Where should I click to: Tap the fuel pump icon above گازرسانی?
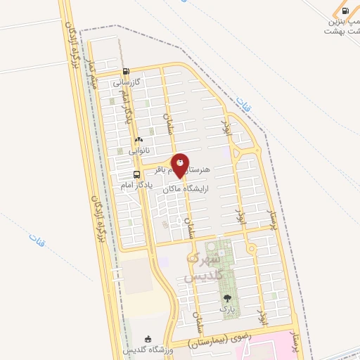pos(126,71)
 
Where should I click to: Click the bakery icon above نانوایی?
pos(138,139)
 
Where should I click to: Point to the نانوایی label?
pos(138,150)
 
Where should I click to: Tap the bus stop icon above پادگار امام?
pos(136,174)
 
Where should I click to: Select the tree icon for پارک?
pos(226,298)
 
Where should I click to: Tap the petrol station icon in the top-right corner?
pos(345,11)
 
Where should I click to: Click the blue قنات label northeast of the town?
pos(244,106)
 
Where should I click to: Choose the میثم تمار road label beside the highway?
pos(91,74)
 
